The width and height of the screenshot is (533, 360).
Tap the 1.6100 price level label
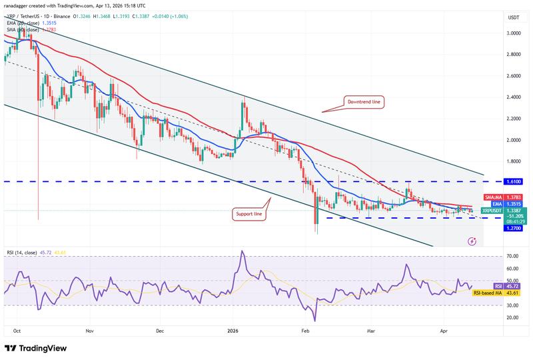click(494, 181)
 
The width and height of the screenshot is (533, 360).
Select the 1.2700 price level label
click(494, 228)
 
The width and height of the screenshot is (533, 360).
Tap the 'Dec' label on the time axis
click(159, 330)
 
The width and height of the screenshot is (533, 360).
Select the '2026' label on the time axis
click(233, 330)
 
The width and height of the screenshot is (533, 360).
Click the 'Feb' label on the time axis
click(306, 330)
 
